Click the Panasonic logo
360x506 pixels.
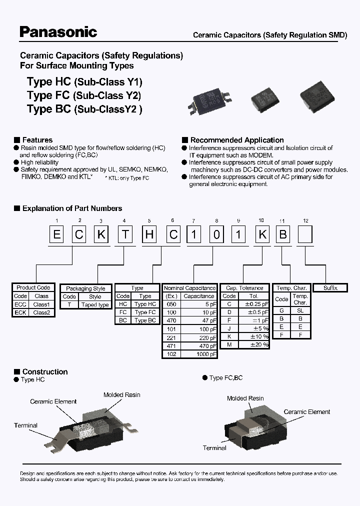pyautogui.click(x=58, y=32)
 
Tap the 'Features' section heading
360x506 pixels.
pyautogui.click(x=37, y=140)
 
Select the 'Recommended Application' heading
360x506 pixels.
pyautogui.click(x=237, y=140)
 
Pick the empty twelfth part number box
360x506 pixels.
pyautogui.click(x=305, y=235)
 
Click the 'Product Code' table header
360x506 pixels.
pyautogui.click(x=33, y=287)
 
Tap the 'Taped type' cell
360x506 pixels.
pyautogui.click(x=95, y=304)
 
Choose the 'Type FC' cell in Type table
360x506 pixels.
pyautogui.click(x=145, y=312)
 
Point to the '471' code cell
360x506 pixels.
pyautogui.click(x=171, y=345)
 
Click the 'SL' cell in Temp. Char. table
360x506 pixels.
pyautogui.click(x=300, y=310)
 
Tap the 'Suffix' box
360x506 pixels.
pyautogui.click(x=330, y=288)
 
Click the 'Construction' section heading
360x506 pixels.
pyautogui.click(x=45, y=371)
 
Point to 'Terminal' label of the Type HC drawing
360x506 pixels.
pyautogui.click(x=25, y=425)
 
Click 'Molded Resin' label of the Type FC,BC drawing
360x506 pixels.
pyautogui.click(x=245, y=398)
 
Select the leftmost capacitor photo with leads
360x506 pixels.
pyautogui.click(x=208, y=99)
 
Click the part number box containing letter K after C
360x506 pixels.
pyautogui.click(x=102, y=235)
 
